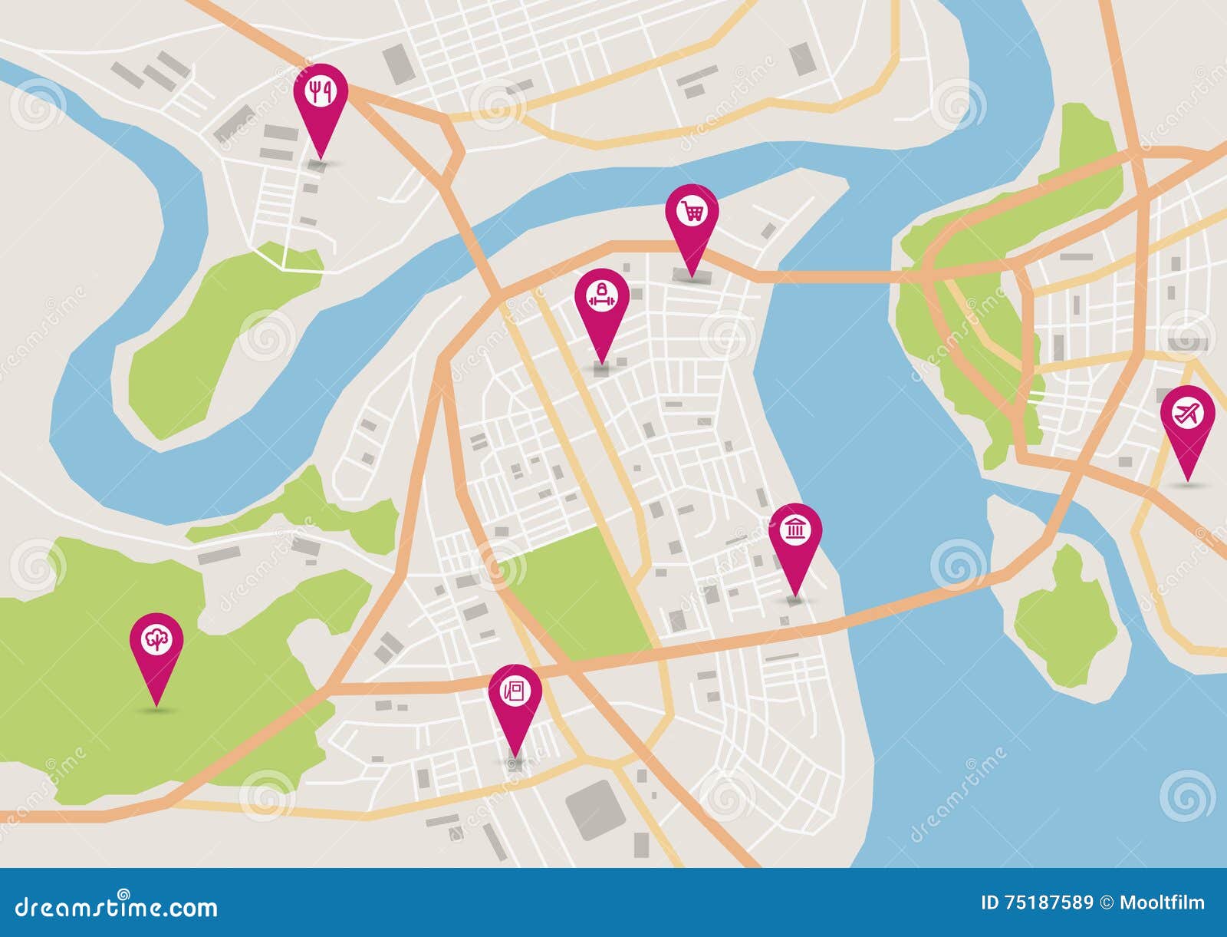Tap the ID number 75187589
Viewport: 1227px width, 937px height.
coord(1046,902)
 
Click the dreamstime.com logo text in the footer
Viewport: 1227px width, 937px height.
coord(109,907)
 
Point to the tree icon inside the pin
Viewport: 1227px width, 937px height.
coord(156,638)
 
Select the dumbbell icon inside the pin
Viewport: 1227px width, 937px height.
coord(603,295)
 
